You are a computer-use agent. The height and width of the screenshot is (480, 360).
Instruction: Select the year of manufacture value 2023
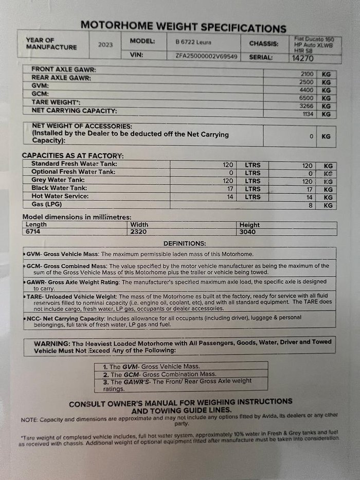[105, 44]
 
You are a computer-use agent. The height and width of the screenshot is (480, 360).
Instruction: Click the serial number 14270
[303, 58]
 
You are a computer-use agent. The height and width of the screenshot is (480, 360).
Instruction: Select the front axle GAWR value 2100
[307, 74]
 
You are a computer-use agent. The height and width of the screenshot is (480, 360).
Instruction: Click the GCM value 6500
[307, 98]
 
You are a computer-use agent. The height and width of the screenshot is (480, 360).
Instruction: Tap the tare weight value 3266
[307, 106]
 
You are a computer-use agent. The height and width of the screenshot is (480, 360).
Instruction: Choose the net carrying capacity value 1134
[308, 114]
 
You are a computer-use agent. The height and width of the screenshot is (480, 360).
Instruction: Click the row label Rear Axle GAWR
[61, 78]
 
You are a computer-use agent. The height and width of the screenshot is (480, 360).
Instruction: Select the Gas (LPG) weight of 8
[311, 205]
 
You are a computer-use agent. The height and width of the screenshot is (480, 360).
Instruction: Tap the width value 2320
[139, 232]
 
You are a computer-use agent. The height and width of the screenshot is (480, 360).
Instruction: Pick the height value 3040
[249, 232]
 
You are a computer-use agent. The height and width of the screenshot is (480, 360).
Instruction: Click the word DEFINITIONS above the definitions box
[185, 243]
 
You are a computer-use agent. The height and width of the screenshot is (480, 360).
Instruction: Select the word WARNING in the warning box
[52, 343]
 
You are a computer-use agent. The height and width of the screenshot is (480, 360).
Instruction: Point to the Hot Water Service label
[60, 197]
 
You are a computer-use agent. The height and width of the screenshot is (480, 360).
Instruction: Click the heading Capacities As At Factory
[73, 155]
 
